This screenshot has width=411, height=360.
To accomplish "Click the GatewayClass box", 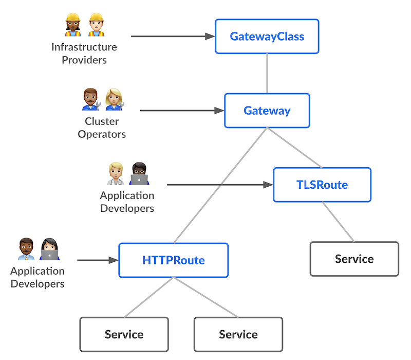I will pos(267,37).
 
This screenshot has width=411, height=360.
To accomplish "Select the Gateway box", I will pos(267,111).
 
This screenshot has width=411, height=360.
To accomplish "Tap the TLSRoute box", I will pos(322,185).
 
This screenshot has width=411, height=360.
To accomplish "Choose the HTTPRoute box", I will pos(173,260).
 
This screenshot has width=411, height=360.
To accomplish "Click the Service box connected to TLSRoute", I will pos(354,259).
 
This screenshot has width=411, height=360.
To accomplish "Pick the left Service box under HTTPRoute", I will pos(124,334).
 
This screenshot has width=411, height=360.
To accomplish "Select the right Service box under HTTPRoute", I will pos(238,334).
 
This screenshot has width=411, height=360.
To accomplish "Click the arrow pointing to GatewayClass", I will pos(172,37).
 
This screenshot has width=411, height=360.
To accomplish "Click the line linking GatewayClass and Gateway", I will pos(267,73).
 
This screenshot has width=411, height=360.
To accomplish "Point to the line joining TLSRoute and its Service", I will pos(338,222).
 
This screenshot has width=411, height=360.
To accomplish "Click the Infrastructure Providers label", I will pos(84,53).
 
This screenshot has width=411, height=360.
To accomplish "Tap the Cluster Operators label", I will pos(102,128).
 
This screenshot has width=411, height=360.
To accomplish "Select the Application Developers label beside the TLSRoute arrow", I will pos(127,202).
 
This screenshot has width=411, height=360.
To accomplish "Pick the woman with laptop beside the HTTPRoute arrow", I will pos(50,249).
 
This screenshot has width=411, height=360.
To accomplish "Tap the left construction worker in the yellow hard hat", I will pos(73,25).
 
